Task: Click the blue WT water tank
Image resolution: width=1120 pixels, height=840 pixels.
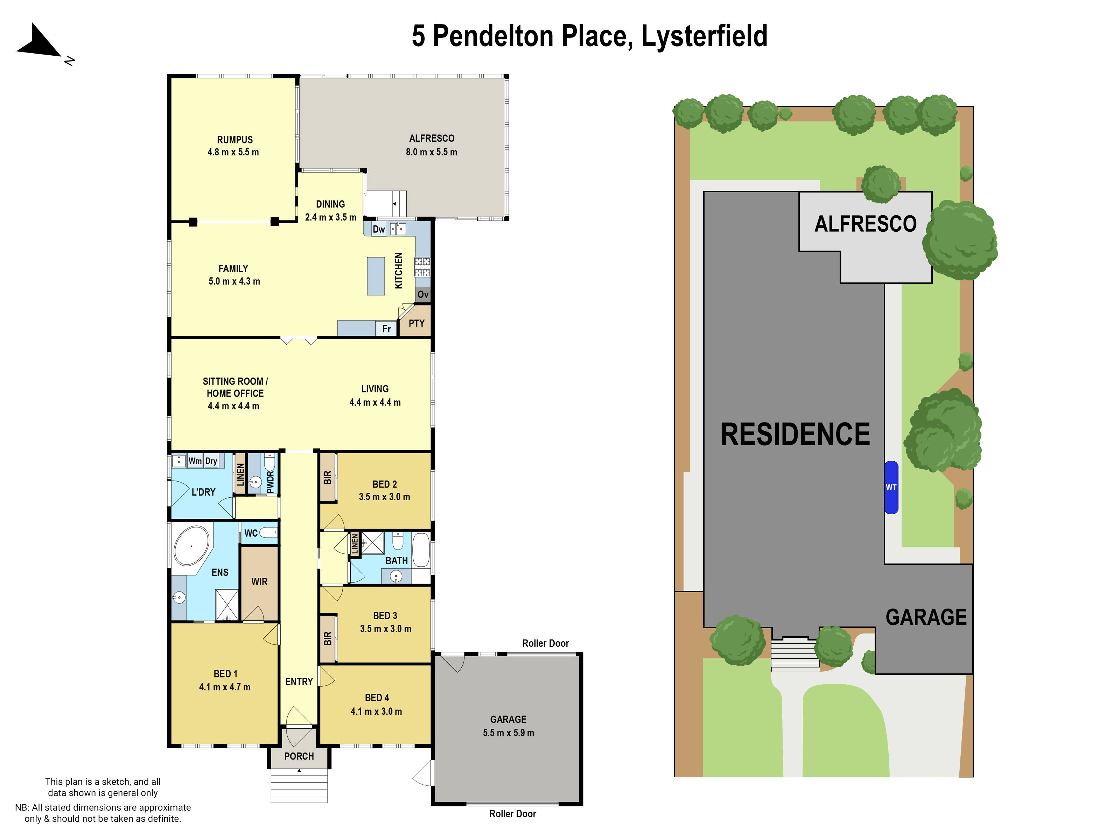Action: tap(891, 487)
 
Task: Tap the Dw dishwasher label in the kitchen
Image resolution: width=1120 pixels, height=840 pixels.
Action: tap(379, 229)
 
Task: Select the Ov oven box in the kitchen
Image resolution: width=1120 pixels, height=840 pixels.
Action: tap(423, 295)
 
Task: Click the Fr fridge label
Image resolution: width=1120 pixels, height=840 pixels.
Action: tap(386, 329)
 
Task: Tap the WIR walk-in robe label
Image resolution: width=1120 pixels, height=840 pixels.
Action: tap(259, 582)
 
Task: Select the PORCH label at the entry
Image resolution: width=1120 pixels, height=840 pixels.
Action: tap(299, 756)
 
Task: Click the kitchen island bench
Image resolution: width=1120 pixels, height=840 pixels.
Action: tap(376, 276)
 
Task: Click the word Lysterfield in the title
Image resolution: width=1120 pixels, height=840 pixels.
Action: tap(704, 36)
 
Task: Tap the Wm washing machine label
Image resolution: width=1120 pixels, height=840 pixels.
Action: tap(195, 461)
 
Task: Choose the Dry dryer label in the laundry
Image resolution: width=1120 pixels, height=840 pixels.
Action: tap(211, 461)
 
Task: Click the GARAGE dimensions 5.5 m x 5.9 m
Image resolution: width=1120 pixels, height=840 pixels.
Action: tap(508, 733)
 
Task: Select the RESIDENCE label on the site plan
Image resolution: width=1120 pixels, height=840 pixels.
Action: tap(795, 434)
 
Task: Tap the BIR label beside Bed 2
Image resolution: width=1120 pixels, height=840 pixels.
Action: tap(328, 477)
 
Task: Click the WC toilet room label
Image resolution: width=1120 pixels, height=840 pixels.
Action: tap(251, 533)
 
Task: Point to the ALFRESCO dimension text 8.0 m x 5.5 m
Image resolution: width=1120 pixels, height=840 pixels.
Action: tap(432, 152)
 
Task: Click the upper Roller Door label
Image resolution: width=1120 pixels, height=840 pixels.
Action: tap(545, 643)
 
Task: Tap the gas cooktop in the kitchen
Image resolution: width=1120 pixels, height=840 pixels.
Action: tap(422, 267)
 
